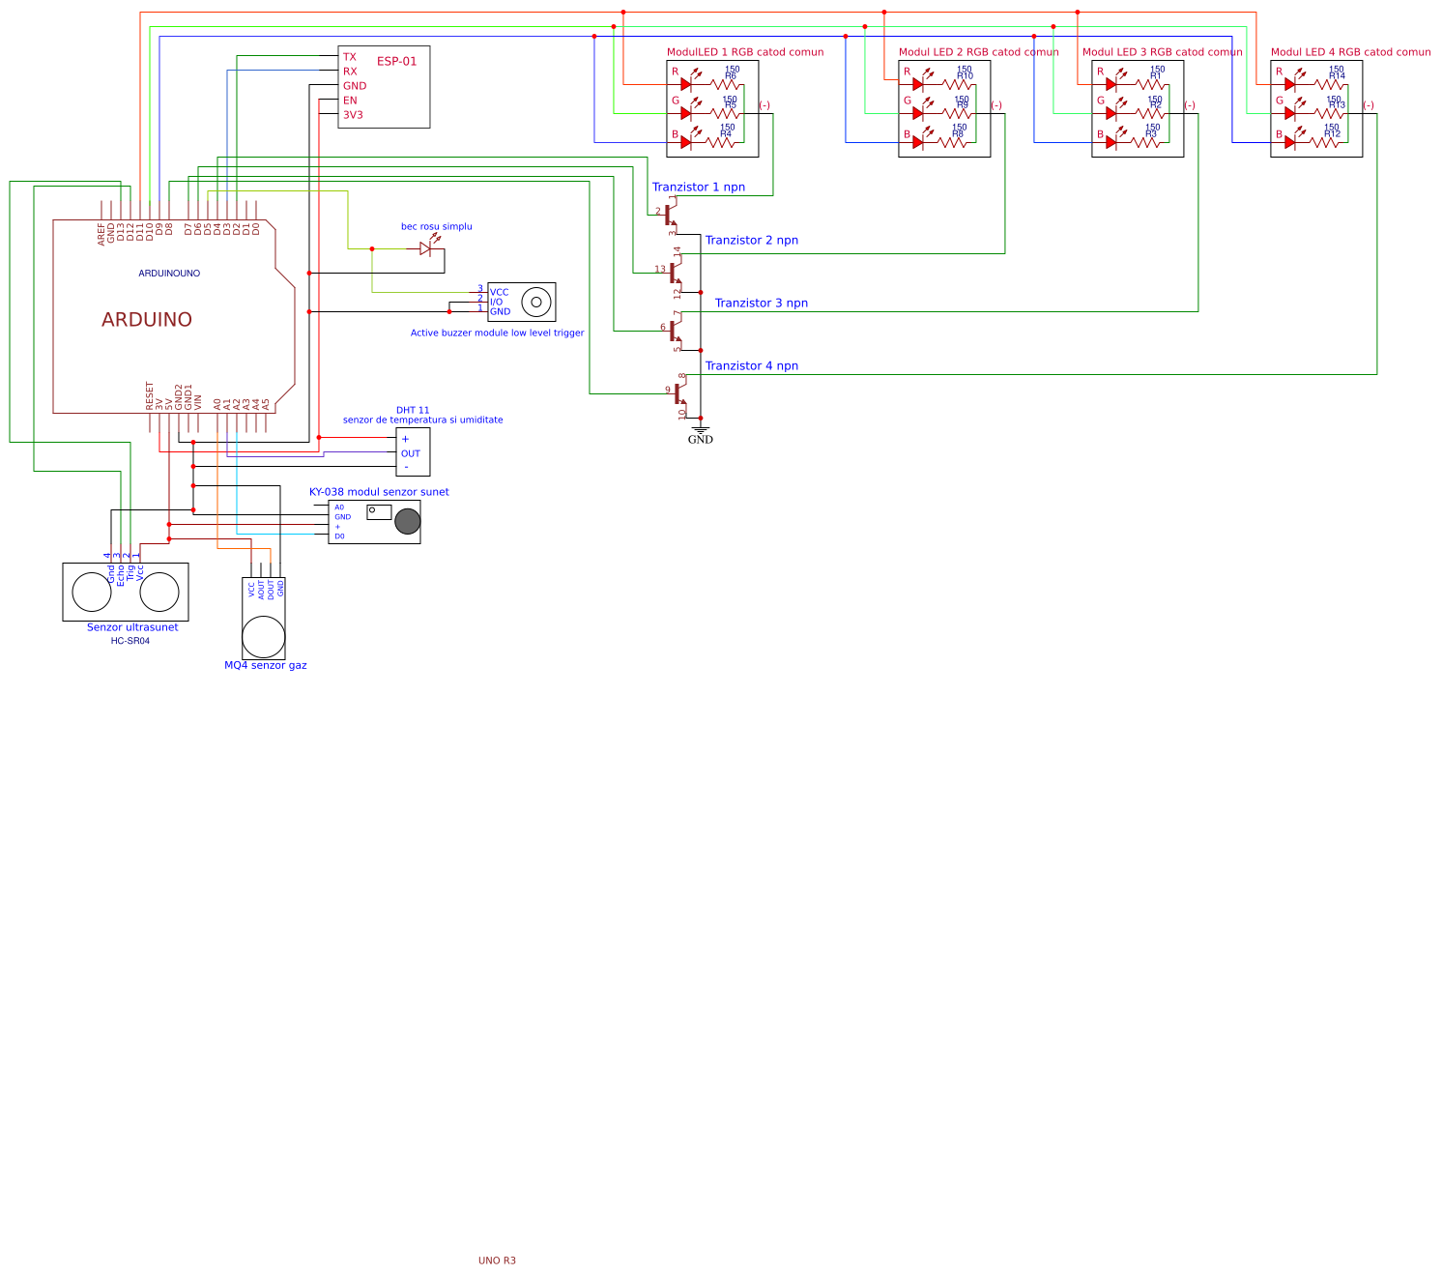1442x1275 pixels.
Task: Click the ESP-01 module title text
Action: tap(396, 61)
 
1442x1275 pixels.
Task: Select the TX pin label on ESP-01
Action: tap(349, 57)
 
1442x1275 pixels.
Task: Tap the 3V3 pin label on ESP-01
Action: tap(353, 115)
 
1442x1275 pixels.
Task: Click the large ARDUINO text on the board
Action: tap(147, 320)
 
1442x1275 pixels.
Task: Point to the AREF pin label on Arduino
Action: tap(101, 234)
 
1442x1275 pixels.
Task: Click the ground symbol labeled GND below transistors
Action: tap(700, 431)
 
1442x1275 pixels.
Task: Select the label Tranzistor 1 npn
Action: tap(698, 188)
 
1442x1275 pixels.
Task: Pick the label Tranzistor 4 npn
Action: tap(751, 366)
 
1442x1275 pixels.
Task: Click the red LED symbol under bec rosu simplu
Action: tap(425, 248)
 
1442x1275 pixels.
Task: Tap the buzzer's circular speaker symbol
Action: tap(536, 303)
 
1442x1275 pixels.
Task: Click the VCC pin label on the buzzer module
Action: tap(499, 292)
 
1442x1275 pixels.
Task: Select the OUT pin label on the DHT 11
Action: tap(411, 453)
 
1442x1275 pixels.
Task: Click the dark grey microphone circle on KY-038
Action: tap(408, 522)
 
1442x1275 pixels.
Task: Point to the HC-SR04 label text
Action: tap(130, 641)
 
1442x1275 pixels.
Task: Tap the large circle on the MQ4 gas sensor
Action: tap(263, 637)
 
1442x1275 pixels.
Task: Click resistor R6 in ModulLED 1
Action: tap(724, 85)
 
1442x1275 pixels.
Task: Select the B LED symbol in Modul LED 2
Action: tap(918, 142)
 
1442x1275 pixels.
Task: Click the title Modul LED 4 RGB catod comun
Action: tap(1350, 52)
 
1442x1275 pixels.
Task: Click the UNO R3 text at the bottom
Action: tap(497, 1261)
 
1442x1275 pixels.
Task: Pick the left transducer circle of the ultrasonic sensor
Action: tap(92, 592)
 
